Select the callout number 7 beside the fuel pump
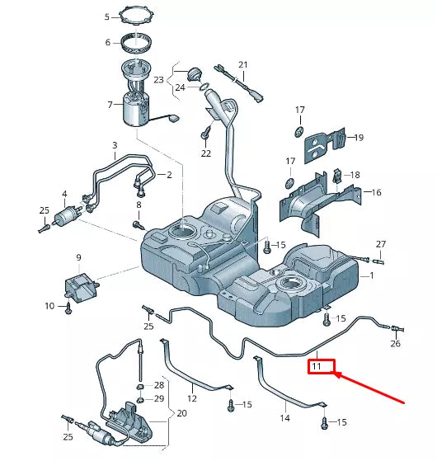(110, 105)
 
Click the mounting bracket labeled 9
(80, 285)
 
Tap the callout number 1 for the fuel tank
(372, 275)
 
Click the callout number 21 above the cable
(242, 64)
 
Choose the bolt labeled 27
(364, 259)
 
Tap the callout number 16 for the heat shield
(377, 192)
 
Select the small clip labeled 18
(339, 175)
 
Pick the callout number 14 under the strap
(284, 418)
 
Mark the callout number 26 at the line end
(395, 344)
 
